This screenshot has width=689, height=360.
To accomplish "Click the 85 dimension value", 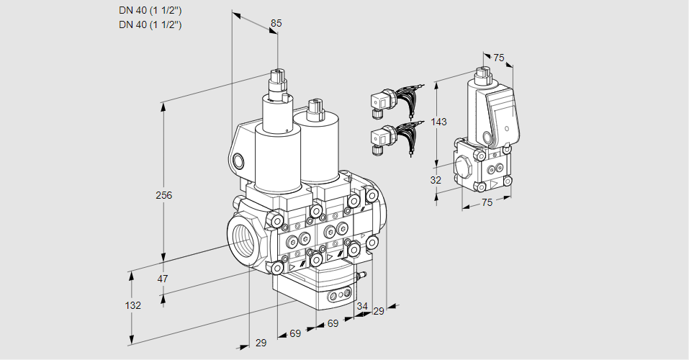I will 276,24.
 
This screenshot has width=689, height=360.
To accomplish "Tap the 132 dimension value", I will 132,305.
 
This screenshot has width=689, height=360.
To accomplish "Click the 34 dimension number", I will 362,306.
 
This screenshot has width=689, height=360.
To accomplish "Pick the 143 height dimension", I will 438,122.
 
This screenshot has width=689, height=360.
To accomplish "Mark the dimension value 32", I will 436,180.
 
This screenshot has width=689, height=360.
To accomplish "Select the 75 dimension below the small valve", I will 487,203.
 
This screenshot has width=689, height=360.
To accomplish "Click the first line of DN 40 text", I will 150,10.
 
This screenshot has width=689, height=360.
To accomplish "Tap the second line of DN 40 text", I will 150,24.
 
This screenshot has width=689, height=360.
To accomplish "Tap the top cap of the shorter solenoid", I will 313,108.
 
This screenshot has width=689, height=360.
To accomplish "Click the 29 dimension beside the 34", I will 379,311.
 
